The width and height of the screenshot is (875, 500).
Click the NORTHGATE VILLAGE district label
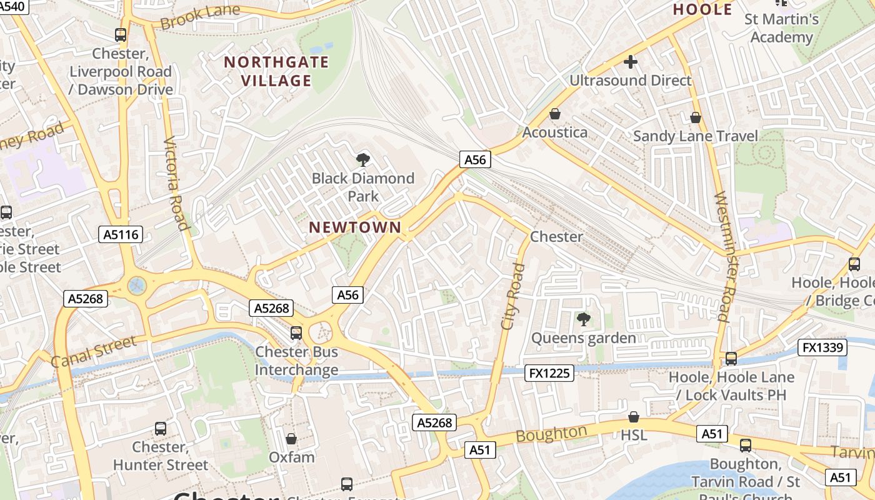click(x=276, y=71)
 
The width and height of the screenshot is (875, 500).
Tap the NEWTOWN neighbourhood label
click(x=355, y=227)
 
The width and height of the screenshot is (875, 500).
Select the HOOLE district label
click(x=702, y=10)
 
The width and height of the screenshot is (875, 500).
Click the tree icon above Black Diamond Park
click(x=362, y=160)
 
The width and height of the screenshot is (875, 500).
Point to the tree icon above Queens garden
click(x=583, y=319)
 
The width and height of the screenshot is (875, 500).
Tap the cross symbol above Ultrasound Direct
click(x=630, y=62)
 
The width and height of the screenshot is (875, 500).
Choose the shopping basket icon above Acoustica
click(x=554, y=114)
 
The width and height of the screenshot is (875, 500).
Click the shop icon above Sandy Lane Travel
click(x=695, y=117)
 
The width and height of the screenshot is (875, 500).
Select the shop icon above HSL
click(x=633, y=417)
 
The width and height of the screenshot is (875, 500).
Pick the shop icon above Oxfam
click(x=291, y=439)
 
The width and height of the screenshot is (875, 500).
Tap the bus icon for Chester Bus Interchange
click(x=296, y=333)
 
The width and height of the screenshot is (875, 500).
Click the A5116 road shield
click(x=121, y=235)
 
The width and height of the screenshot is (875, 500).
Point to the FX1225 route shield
click(x=549, y=373)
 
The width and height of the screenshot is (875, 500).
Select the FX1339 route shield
click(x=822, y=347)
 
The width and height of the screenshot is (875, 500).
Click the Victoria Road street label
click(x=176, y=184)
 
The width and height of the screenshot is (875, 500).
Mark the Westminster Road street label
click(x=721, y=256)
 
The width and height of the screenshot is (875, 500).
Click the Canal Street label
click(x=93, y=352)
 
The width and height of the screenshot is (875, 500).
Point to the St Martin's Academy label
click(x=781, y=28)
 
